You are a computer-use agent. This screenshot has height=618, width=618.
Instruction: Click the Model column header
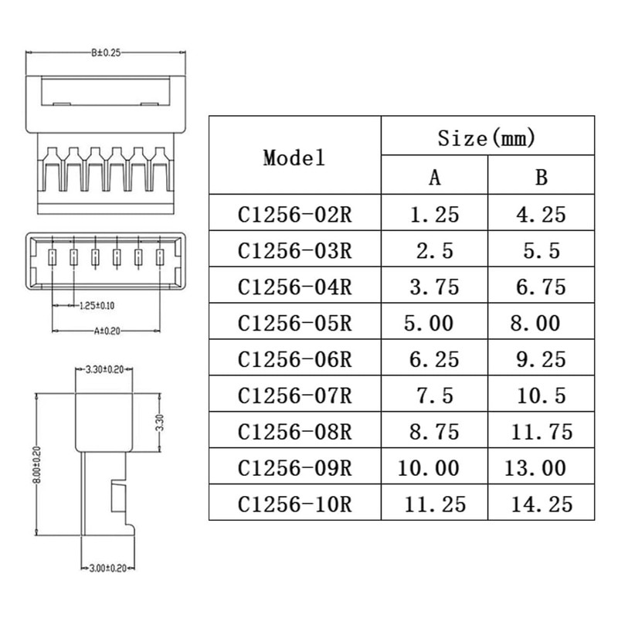(x=294, y=158)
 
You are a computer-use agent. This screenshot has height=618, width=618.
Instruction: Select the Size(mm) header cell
(x=487, y=138)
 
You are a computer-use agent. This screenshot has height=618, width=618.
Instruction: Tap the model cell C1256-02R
(x=295, y=214)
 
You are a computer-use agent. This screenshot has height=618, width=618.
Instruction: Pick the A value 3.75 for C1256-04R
(x=434, y=287)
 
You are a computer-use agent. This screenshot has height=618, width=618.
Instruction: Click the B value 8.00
(x=535, y=322)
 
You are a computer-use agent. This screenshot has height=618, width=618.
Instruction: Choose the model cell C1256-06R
(x=295, y=359)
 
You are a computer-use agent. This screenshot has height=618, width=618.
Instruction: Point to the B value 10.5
(x=541, y=396)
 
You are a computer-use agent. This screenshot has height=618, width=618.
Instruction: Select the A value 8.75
(x=434, y=431)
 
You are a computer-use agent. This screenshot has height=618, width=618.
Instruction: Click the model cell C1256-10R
(x=295, y=504)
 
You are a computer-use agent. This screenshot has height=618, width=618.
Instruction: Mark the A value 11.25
(x=436, y=504)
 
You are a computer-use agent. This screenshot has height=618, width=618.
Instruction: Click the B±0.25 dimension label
(x=106, y=53)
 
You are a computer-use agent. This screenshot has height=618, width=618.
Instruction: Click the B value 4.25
(x=541, y=214)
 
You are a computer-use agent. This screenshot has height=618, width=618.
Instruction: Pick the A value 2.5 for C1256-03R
(x=434, y=250)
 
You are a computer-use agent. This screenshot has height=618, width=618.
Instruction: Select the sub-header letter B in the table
(x=542, y=177)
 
